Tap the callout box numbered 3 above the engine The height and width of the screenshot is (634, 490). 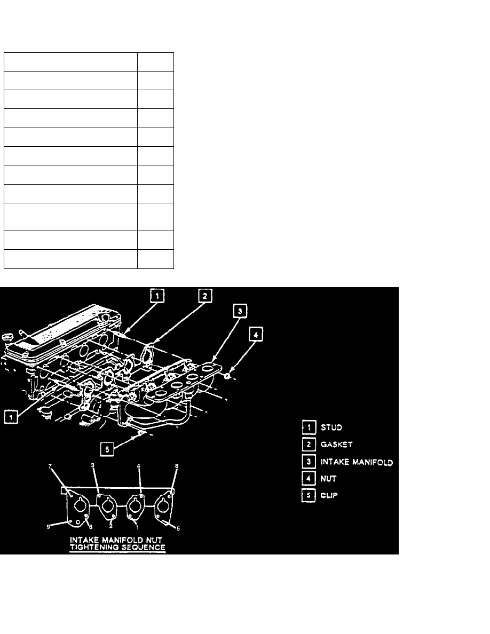point(240,311)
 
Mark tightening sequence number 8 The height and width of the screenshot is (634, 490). point(177,466)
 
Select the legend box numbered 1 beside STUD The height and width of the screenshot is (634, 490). point(307,427)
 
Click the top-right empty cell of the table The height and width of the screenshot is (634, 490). point(155,61)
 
